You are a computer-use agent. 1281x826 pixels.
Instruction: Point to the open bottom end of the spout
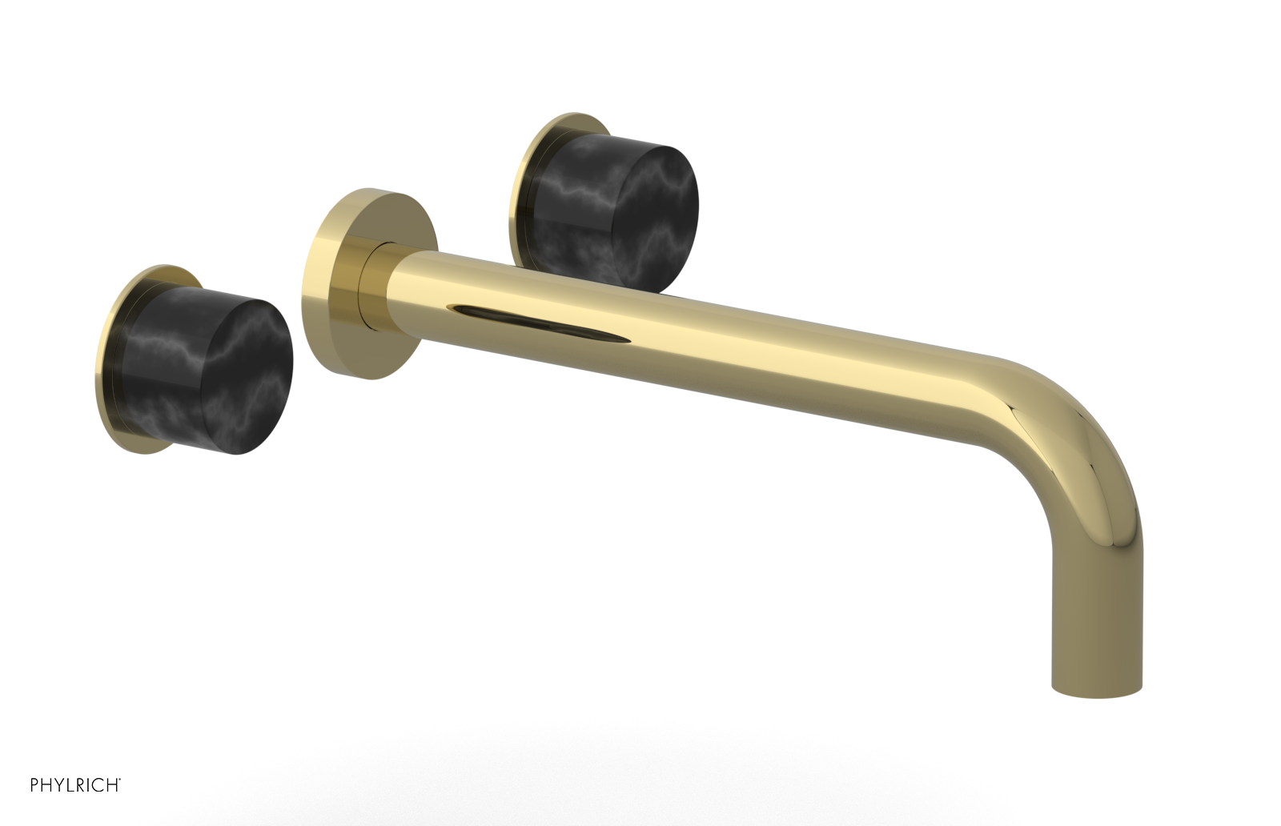pyautogui.click(x=1096, y=690)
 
